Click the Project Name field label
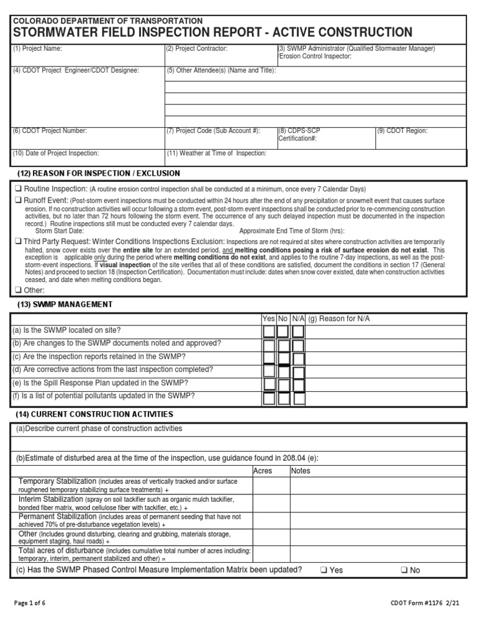click(37, 48)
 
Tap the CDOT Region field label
click(402, 131)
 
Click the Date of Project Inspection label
click(55, 153)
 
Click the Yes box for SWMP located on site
click(268, 330)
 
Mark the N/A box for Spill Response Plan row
click(298, 384)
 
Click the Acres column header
click(263, 471)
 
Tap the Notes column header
click(301, 471)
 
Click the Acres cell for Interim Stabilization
click(271, 503)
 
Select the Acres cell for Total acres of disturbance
click(271, 554)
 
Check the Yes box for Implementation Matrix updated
click(324, 570)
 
